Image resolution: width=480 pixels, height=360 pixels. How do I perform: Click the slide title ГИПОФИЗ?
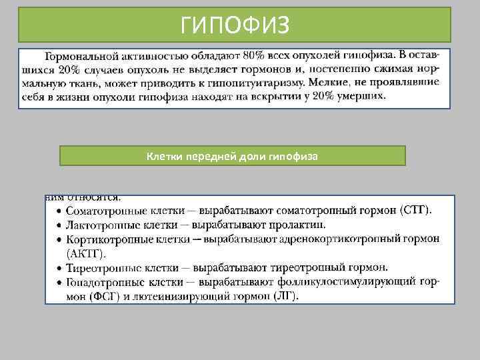(x=235, y=25)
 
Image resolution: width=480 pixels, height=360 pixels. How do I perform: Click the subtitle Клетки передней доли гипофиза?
(x=232, y=156)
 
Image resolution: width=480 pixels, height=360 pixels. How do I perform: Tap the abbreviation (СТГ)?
(x=415, y=210)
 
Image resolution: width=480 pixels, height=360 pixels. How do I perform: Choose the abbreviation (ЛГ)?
(x=287, y=296)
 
